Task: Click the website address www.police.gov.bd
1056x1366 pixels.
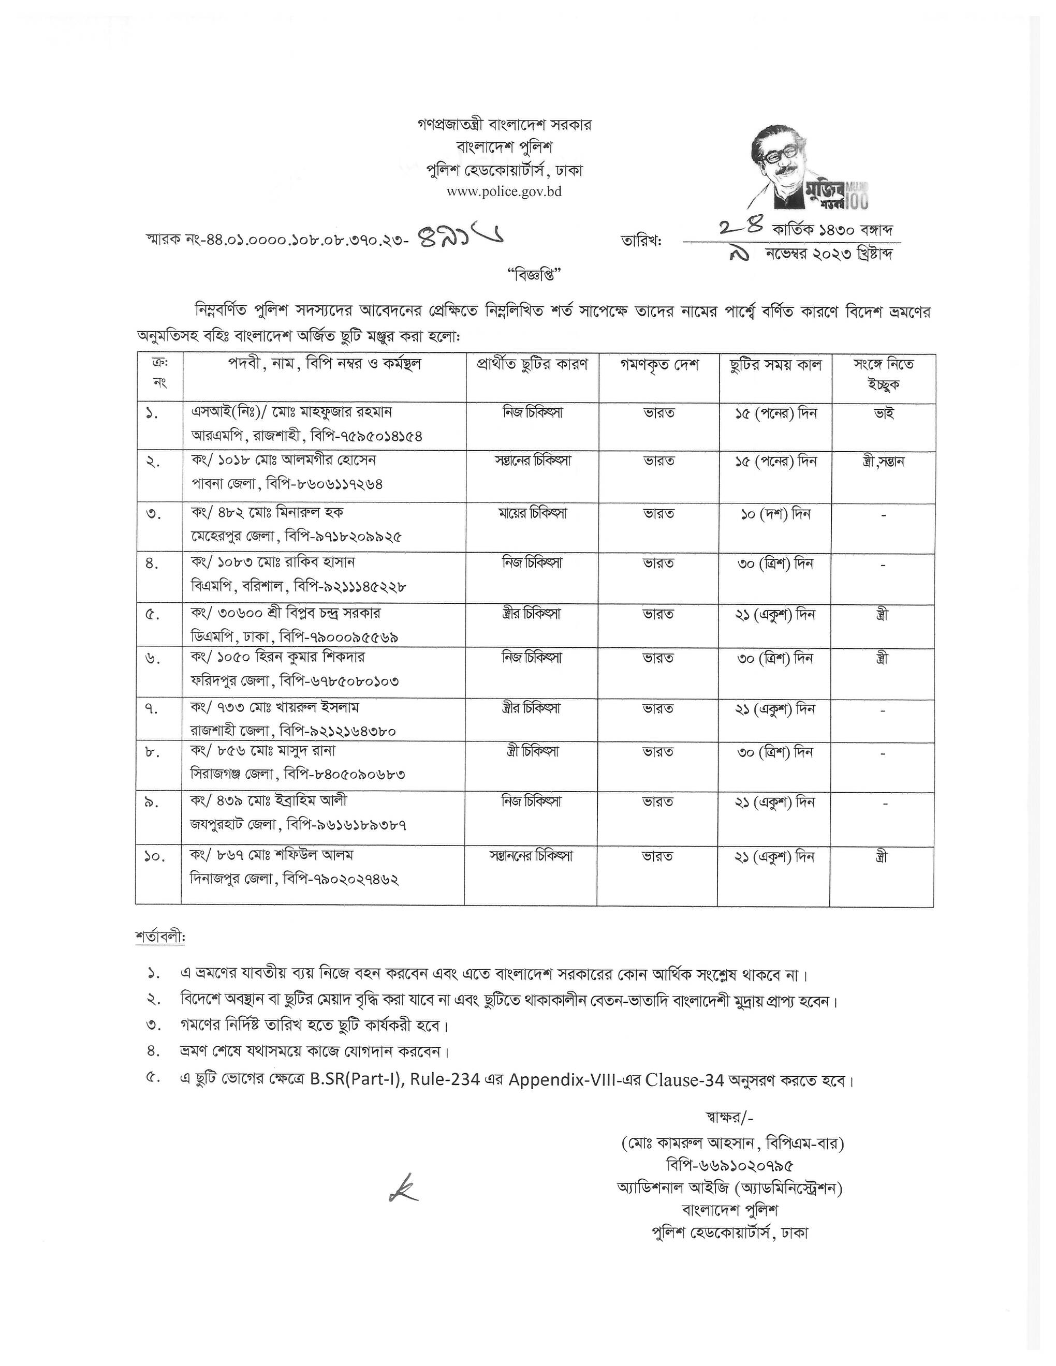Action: point(504,191)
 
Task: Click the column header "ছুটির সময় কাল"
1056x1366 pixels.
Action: point(775,365)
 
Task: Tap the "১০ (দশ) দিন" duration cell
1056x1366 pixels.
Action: point(775,514)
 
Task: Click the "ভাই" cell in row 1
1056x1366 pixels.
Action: point(883,413)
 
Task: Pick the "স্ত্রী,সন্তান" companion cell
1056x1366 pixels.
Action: point(883,462)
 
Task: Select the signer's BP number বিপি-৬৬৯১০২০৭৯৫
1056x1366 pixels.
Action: point(730,1165)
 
